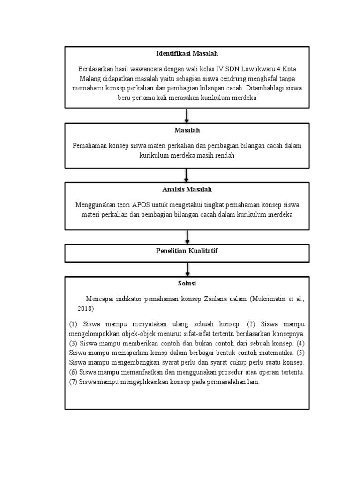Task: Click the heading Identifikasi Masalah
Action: click(187, 54)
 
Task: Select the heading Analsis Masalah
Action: click(187, 189)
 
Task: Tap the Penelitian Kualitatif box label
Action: click(187, 252)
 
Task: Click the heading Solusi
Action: click(187, 284)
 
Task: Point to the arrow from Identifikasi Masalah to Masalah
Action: click(187, 115)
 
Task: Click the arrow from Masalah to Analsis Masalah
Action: click(187, 175)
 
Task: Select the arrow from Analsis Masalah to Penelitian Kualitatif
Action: click(187, 236)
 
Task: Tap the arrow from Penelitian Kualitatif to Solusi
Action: click(187, 269)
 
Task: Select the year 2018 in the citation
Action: click(85, 309)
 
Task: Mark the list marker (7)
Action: click(73, 382)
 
